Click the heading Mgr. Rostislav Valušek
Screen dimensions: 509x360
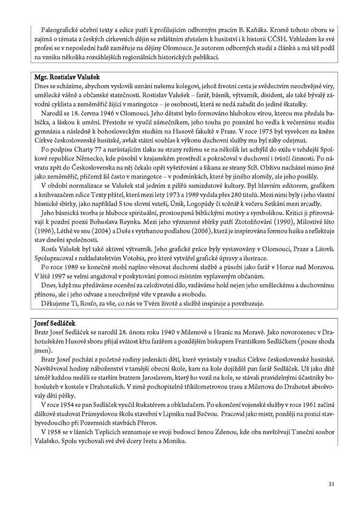click(x=70, y=77)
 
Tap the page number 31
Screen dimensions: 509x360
click(x=331, y=483)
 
